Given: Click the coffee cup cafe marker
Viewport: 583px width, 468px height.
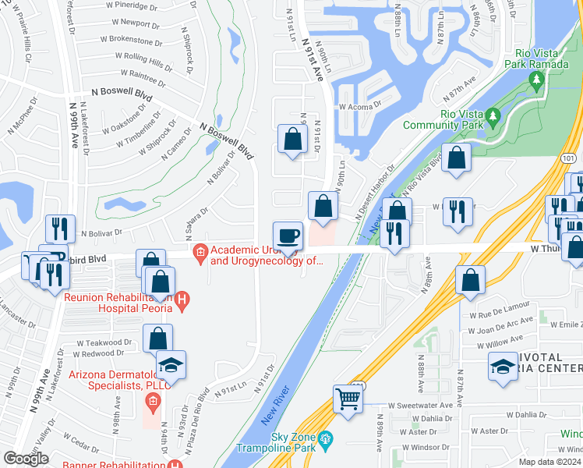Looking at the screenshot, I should click(x=288, y=236).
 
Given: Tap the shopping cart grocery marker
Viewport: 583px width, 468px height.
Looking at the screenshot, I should click(x=348, y=399).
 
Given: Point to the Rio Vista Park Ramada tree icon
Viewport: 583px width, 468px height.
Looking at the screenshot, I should click(x=536, y=80).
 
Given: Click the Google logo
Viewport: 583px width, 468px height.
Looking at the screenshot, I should click(x=26, y=459).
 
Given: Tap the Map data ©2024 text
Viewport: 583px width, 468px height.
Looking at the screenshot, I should click(x=550, y=462).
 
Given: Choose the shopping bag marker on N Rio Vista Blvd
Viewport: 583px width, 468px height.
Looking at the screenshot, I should click(x=457, y=158).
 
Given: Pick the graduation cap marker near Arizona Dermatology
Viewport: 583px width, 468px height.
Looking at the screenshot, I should click(x=171, y=366).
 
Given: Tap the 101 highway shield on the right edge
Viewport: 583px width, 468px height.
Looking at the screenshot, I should click(x=568, y=158).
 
